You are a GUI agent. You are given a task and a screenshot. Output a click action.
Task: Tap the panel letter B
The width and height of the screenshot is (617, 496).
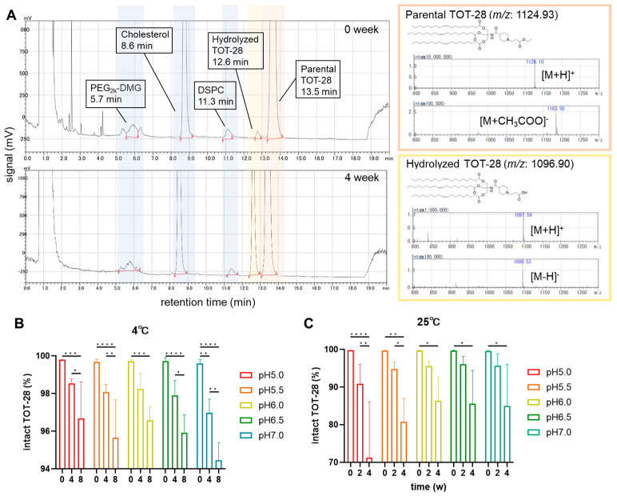[10, 326]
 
